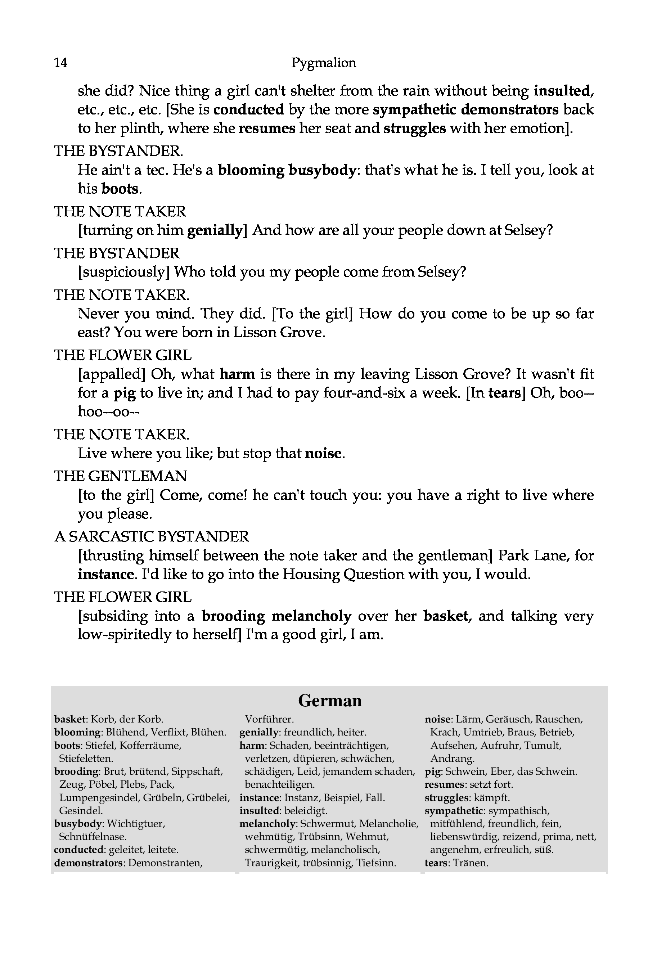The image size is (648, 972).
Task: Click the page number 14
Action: point(61,63)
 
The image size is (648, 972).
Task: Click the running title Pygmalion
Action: point(324,63)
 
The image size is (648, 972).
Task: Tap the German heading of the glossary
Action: point(330,701)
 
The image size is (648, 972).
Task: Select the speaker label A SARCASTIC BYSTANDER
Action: point(152,536)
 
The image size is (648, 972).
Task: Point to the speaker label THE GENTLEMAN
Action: point(120,476)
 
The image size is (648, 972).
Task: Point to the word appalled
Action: point(112,374)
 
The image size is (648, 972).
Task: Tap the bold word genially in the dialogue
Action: point(215,230)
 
